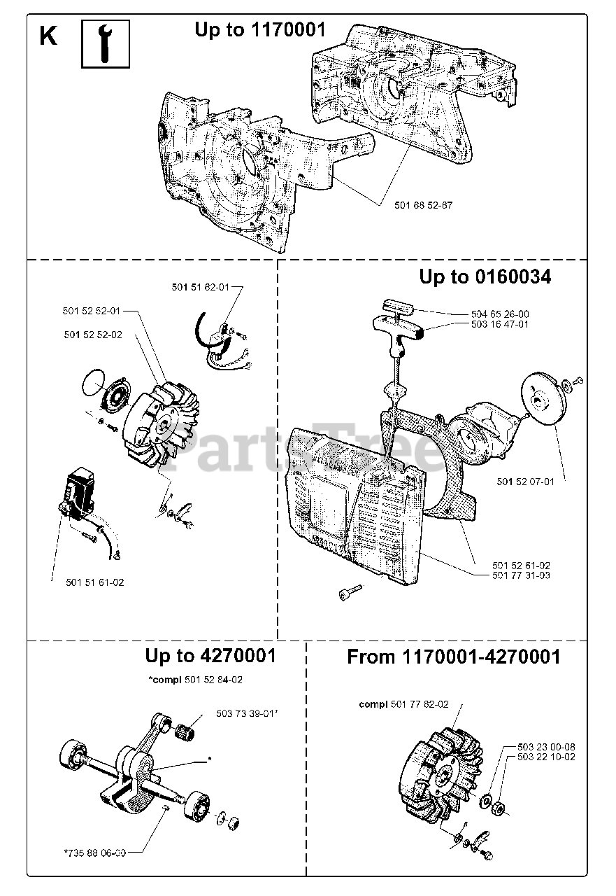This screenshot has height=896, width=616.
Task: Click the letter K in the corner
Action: [48, 36]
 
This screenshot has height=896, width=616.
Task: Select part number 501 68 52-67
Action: [417, 204]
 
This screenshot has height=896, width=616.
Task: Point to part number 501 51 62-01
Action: [200, 286]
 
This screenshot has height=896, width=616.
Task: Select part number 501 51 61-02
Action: [95, 582]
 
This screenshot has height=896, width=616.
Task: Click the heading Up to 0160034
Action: [485, 277]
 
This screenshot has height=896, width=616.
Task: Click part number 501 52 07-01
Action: [525, 482]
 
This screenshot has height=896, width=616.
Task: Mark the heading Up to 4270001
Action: [210, 656]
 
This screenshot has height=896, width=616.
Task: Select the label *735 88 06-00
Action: [94, 853]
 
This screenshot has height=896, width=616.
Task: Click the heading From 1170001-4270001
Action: [454, 657]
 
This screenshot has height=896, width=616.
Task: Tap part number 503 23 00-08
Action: [547, 747]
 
